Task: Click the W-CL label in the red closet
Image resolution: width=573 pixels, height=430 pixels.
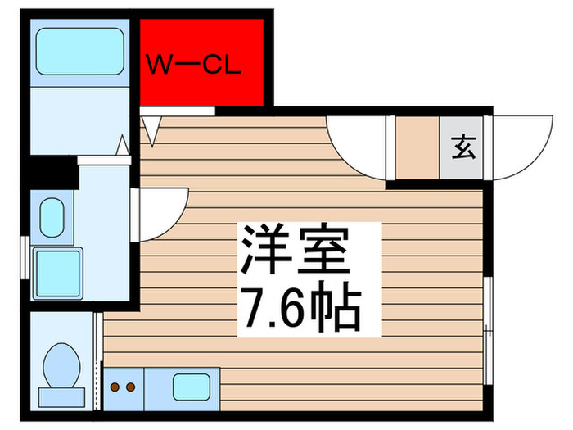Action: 194,65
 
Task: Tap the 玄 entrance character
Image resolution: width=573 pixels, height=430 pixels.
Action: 463,148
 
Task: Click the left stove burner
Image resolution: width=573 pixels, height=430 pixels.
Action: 116,385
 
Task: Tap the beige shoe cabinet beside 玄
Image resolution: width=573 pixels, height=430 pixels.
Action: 417,148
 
